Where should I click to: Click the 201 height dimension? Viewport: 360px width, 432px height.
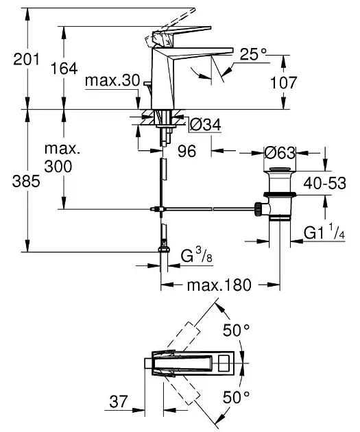point(27,59)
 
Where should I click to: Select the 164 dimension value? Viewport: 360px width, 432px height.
point(64,69)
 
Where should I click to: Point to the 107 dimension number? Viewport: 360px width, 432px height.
point(284,82)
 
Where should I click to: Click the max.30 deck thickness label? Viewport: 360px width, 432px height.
point(112,81)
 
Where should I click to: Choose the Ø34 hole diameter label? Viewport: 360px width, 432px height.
point(206,125)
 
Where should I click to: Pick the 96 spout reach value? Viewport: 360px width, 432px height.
point(187,151)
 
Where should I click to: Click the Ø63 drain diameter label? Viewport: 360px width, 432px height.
point(280,153)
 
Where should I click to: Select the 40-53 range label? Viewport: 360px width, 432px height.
point(325,183)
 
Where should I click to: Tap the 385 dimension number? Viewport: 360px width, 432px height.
point(26,182)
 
